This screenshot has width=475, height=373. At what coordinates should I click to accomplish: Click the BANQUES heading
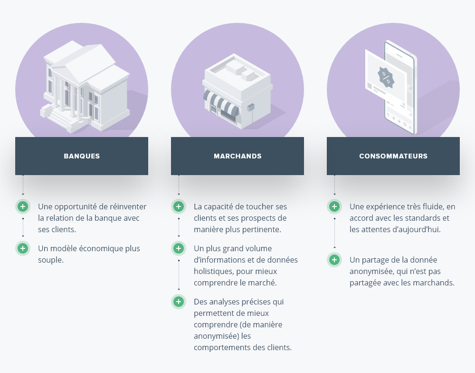82,156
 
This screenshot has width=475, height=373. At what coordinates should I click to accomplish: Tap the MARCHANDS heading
237,156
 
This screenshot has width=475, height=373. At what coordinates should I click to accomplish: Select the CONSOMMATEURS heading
393,156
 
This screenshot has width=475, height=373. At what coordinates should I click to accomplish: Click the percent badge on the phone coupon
385,76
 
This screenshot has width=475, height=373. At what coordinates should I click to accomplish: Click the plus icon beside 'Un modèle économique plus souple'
23,248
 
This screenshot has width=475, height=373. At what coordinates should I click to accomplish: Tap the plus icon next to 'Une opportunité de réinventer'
23,207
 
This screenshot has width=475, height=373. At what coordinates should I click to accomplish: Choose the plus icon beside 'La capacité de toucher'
179,207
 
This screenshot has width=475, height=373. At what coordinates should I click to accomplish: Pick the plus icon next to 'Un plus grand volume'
179,248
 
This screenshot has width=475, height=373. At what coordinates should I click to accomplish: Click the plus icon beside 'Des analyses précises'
179,302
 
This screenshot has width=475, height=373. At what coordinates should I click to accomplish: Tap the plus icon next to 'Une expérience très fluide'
334,207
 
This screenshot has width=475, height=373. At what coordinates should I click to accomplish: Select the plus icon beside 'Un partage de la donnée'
334,260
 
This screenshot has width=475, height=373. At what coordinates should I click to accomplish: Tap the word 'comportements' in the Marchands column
220,347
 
